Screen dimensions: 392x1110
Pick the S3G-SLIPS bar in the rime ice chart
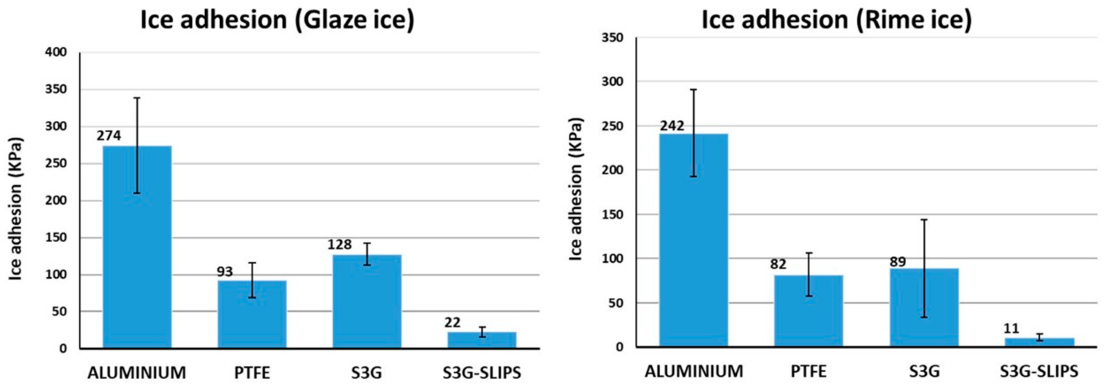tap(1039, 342)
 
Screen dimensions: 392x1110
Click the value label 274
tap(109, 136)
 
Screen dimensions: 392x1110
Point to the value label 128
tap(340, 245)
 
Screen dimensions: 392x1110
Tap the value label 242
tap(672, 126)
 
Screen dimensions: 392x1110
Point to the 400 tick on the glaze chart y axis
tap(56, 52)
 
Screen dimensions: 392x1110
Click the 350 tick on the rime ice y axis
tap(612, 38)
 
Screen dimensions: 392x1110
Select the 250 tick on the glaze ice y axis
tap(56, 164)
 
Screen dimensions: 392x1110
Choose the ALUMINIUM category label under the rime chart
tap(694, 371)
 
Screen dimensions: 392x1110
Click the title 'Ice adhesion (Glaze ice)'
tap(277, 20)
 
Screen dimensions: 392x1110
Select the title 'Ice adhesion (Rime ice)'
tap(836, 20)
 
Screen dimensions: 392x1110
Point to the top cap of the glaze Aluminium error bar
tap(137, 98)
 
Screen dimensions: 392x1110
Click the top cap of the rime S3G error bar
tap(924, 220)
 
